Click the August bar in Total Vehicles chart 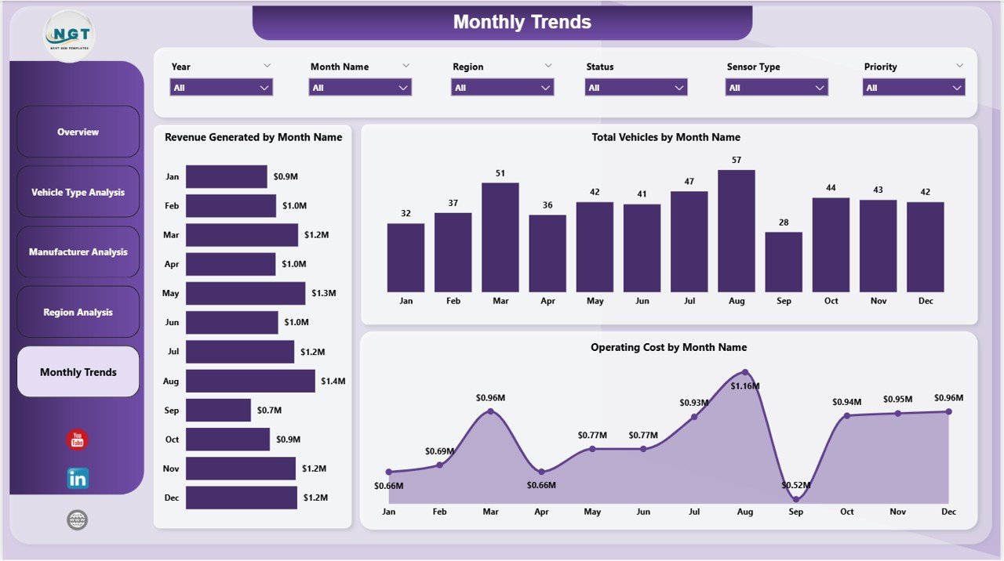pos(736,231)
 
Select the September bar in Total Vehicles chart pos(784,262)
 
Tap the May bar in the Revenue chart pos(246,293)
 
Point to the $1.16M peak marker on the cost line pos(745,372)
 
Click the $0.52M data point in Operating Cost pos(796,498)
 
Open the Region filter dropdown pos(503,88)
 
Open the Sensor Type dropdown pos(777,88)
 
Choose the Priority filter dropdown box pos(914,88)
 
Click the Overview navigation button pos(78,132)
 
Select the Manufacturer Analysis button pos(78,252)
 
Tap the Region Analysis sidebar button pos(78,313)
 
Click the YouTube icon pos(78,440)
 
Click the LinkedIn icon pos(78,478)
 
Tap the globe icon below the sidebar pos(78,520)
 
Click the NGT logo pos(70,35)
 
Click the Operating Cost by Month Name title pos(668,347)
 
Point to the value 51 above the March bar pos(500,173)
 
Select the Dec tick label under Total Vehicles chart pos(925,301)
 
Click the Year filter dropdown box pos(221,88)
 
